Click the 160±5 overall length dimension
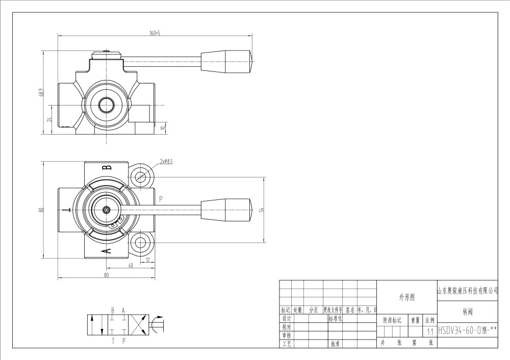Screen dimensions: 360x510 [155, 33]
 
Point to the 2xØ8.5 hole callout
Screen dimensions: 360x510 [166, 161]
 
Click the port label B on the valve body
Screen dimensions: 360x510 [106, 168]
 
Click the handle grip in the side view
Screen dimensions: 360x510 [227, 61]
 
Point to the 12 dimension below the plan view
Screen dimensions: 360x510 [148, 260]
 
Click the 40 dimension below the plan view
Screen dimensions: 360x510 [131, 266]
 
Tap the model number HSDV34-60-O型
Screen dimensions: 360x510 [467, 330]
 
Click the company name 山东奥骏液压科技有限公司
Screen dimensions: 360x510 [467, 291]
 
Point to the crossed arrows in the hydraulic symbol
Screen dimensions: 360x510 [137, 324]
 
